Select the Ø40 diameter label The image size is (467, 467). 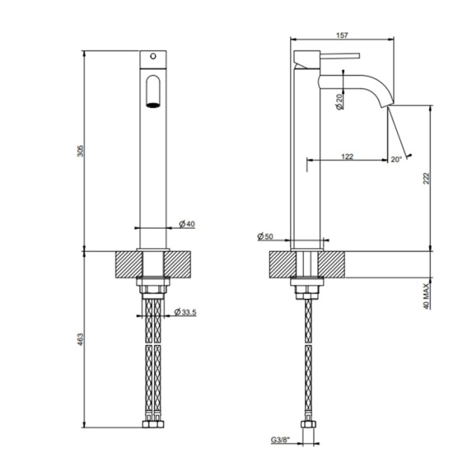[x=187, y=224]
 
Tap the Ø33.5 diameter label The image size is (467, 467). [x=184, y=312]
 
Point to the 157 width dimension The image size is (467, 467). [x=343, y=33]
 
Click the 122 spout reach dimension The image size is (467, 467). [x=347, y=156]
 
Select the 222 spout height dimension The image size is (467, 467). [x=425, y=178]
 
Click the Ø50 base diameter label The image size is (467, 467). [x=265, y=237]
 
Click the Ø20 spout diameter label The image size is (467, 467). [x=341, y=101]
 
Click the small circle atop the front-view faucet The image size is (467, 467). [x=153, y=56]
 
